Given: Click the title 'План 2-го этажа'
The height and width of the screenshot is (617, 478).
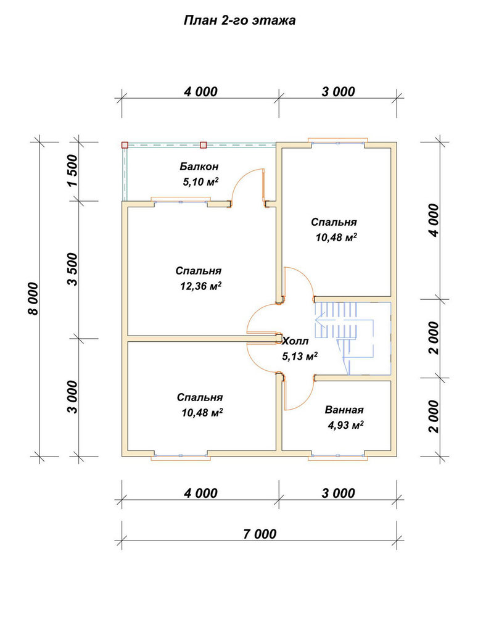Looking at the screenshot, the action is coord(239,20).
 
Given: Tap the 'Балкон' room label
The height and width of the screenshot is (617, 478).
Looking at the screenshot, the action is coord(199,167).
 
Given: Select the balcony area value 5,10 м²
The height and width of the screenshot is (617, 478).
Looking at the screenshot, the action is coord(200,182).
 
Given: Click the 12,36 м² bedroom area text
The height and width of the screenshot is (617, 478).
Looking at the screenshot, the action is coord(200,286).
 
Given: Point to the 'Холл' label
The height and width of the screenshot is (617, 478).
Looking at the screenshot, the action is coord(295,341).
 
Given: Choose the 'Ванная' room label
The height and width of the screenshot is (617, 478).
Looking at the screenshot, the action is coord(344,410).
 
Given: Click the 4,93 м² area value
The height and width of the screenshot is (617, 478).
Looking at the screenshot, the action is coord(345,425).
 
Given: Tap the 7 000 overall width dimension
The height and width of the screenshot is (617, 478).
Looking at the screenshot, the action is coord(260,534).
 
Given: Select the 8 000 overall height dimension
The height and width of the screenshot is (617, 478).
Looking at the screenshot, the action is coord(33,299).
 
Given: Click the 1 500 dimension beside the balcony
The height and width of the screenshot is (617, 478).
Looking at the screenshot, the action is coord(73,171).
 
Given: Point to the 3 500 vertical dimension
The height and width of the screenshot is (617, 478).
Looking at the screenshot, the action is coord(73,269).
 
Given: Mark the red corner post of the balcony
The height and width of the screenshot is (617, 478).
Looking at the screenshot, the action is coord(125,145).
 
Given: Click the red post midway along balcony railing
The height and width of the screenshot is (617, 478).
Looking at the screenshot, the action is coord(204,145).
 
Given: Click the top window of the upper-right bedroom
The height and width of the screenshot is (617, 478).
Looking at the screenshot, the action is coord(337,142).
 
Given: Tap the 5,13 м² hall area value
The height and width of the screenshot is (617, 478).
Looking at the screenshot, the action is coord(300,357).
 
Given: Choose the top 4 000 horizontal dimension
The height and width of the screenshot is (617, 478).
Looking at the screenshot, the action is coord(200,92).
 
